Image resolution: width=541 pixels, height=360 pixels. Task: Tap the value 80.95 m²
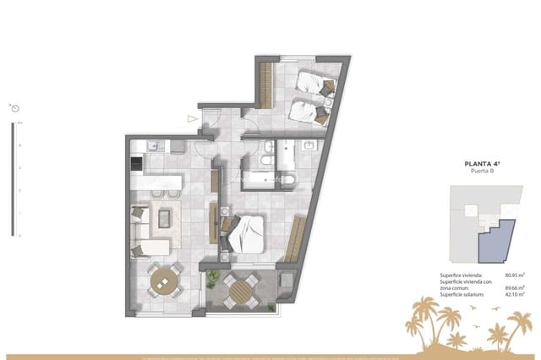click(515, 275)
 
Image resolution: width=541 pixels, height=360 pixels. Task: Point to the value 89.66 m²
click(515, 287)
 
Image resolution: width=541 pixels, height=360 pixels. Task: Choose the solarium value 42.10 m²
click(515, 294)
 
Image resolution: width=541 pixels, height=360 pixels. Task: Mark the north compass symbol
click(15, 108)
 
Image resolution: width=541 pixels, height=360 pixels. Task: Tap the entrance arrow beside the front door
click(194, 119)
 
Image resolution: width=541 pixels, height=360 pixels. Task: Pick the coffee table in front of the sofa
click(165, 216)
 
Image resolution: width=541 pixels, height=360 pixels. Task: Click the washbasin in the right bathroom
click(309, 146)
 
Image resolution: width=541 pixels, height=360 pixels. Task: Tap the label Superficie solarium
click(464, 294)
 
